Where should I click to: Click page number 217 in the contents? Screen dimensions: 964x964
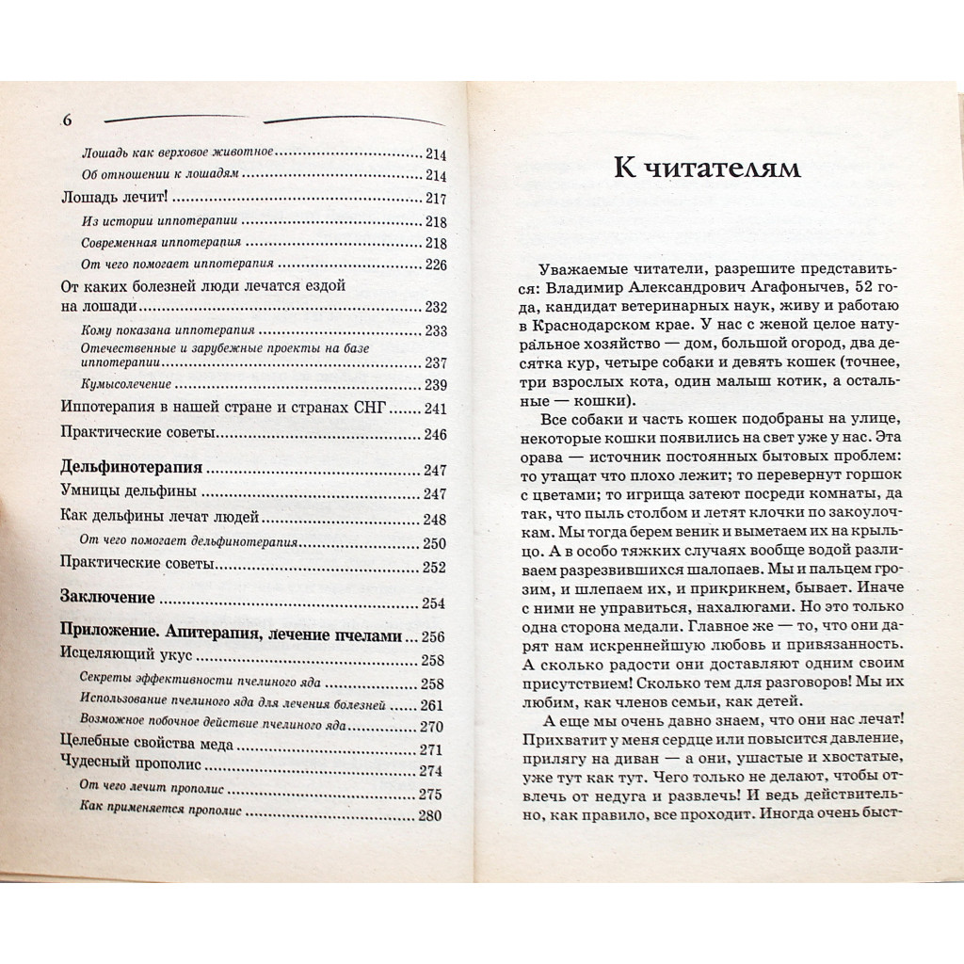[x=434, y=199]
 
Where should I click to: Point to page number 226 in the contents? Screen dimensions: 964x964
[x=434, y=265]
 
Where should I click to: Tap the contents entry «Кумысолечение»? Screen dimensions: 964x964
[x=126, y=384]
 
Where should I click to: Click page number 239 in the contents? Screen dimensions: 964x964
[x=434, y=384]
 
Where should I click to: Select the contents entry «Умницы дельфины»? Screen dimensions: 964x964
[x=126, y=492]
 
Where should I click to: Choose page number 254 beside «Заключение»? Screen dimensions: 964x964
[x=434, y=602]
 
